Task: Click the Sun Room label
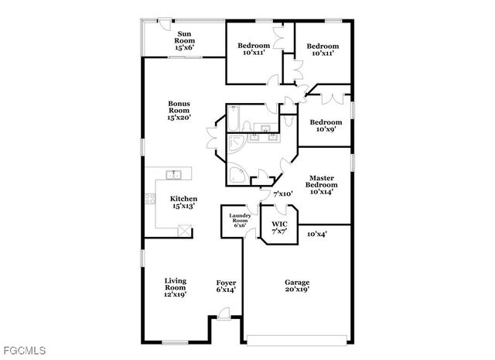click(x=184, y=40)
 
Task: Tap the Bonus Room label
click(x=179, y=110)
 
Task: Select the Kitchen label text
click(x=183, y=203)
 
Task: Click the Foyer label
click(x=226, y=286)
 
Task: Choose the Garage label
click(x=296, y=286)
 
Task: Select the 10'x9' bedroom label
click(x=325, y=125)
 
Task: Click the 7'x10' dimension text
click(x=282, y=194)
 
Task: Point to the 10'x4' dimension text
click(x=317, y=233)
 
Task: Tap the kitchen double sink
click(x=174, y=174)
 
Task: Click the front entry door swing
click(x=223, y=313)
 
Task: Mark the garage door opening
click(x=296, y=338)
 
